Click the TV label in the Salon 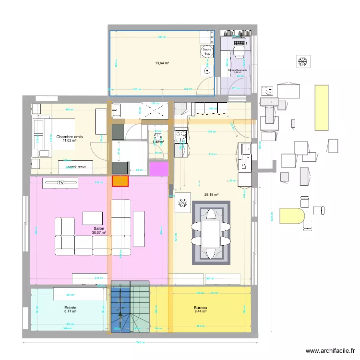60,183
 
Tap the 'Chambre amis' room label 69,137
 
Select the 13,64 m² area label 162,63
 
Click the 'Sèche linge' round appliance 206,50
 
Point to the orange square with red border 120,181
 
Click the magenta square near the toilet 159,169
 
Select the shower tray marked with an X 154,110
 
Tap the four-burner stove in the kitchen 181,137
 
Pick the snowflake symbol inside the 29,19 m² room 183,204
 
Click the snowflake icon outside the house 303,61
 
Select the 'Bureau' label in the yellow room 201,308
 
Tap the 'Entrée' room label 71,308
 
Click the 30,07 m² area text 99,233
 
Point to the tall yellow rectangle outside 320,108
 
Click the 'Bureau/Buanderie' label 237,71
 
